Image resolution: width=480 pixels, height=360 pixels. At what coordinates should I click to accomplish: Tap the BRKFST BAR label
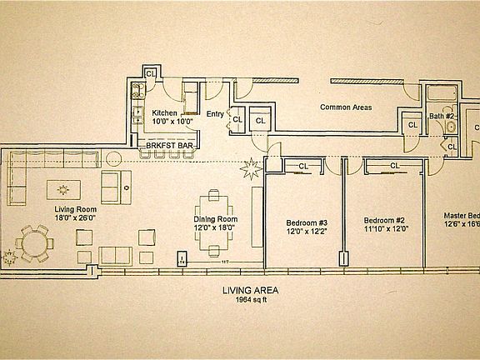pyautogui.click(x=172, y=144)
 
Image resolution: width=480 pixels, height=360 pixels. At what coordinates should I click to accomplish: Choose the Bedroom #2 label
pyautogui.click(x=384, y=222)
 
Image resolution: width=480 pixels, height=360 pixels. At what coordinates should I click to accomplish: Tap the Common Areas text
pyautogui.click(x=346, y=107)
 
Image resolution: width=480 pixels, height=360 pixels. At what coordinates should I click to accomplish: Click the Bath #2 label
pyautogui.click(x=441, y=116)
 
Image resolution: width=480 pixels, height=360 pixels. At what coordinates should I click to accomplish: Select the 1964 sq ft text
pyautogui.click(x=249, y=302)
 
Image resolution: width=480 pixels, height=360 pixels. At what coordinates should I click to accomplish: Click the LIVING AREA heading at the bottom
pyautogui.click(x=250, y=291)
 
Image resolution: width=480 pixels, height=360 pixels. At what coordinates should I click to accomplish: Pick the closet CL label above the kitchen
pyautogui.click(x=150, y=73)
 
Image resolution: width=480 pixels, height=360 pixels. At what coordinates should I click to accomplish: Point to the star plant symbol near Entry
pyautogui.click(x=250, y=171)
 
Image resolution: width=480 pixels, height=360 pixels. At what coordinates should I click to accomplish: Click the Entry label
pyautogui.click(x=214, y=114)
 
